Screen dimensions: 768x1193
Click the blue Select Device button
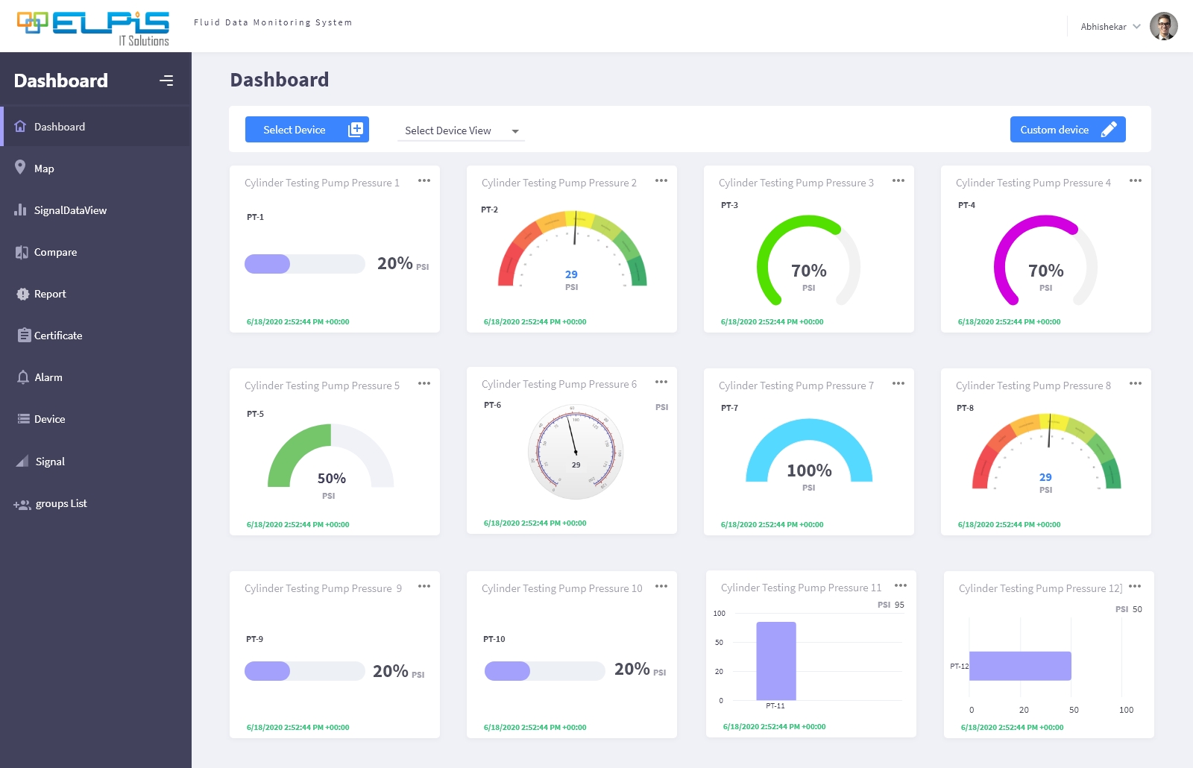coord(306,130)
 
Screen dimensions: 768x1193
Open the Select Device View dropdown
coord(461,131)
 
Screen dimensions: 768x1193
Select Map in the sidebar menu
coord(44,169)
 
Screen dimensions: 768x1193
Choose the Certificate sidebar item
coord(57,336)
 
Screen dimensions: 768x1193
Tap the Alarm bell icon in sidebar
coord(23,377)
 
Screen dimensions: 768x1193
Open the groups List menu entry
coord(60,504)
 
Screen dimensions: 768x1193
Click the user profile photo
coord(1163,26)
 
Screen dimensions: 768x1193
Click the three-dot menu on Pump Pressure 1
coord(424,181)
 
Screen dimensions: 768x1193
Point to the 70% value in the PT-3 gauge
coord(808,271)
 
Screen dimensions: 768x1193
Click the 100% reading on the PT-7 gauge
coord(809,470)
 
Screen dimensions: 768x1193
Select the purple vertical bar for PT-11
coord(775,661)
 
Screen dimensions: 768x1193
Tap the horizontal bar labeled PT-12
coord(1019,666)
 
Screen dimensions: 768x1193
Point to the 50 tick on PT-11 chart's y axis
coord(719,642)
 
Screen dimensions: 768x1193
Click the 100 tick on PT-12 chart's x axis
coord(1126,710)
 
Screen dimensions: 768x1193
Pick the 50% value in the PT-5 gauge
coord(331,479)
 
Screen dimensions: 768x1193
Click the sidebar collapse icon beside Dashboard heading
coord(166,81)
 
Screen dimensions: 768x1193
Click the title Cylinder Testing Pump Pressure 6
coord(558,384)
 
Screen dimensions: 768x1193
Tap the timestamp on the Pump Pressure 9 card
coord(298,727)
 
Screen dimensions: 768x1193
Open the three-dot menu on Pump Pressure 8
coord(1135,384)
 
